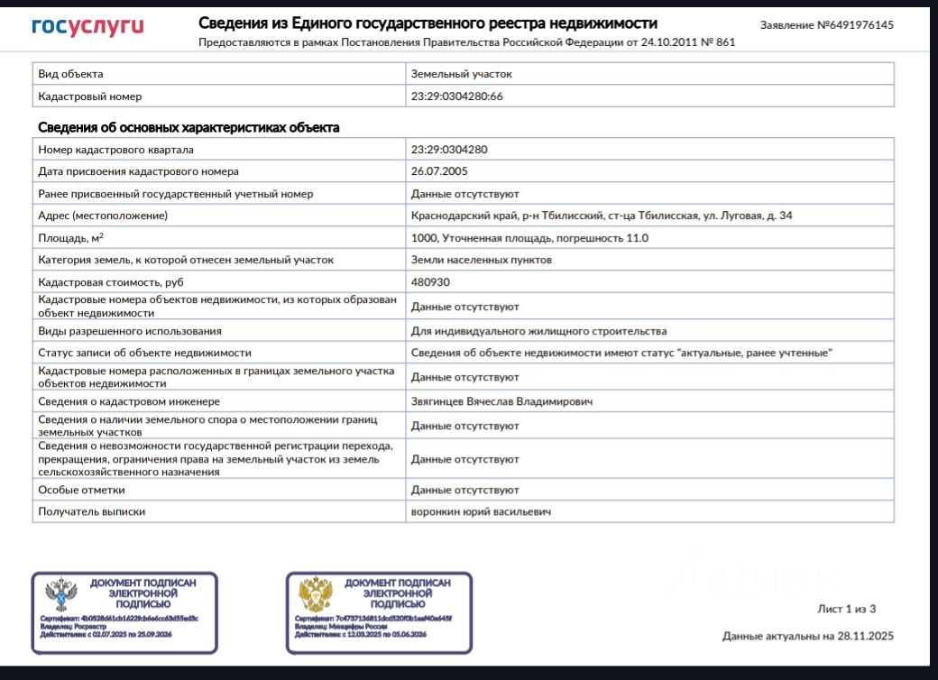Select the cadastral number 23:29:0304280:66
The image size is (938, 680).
tap(456, 96)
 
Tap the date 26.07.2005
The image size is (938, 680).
tap(439, 171)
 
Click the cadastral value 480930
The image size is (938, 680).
tap(430, 282)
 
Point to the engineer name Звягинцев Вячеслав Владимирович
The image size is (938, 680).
tap(501, 401)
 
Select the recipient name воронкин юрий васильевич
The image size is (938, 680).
tap(481, 511)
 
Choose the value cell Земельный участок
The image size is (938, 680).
tap(461, 74)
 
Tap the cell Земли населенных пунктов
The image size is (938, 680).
tap(481, 260)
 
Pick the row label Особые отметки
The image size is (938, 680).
tap(81, 490)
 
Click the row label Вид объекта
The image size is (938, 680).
tap(70, 74)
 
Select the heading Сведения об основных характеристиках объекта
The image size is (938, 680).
tap(189, 128)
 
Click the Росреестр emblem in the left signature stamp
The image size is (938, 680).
tap(61, 595)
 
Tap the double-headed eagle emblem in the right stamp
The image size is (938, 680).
tap(317, 595)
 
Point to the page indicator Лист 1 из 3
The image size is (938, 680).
tap(846, 609)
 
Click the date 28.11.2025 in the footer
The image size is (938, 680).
tap(864, 636)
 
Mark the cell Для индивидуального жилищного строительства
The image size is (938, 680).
tap(538, 331)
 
